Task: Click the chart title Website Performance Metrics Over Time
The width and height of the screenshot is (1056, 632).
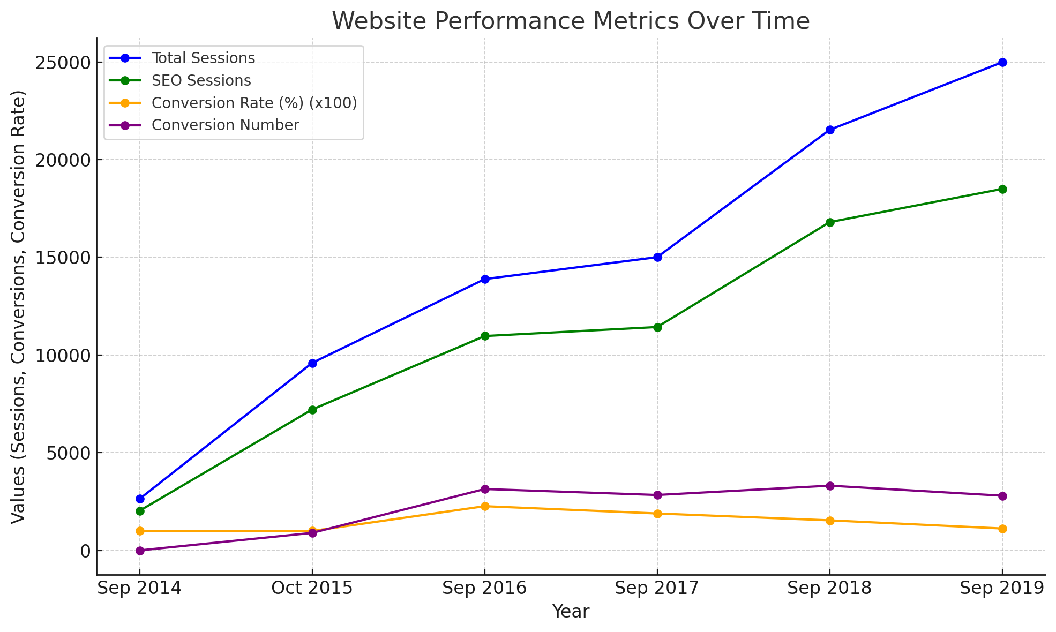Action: click(571, 21)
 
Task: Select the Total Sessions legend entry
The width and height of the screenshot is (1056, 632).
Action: click(203, 58)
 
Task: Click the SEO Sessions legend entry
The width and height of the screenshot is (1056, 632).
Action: click(201, 80)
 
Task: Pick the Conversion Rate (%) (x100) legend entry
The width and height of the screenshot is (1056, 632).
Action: click(254, 103)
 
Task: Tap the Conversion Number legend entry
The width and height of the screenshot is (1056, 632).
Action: click(225, 125)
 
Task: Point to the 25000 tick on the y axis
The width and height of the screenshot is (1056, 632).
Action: click(64, 63)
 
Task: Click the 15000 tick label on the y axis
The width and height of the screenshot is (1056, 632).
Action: click(64, 258)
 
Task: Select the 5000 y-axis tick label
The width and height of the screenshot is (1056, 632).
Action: click(69, 453)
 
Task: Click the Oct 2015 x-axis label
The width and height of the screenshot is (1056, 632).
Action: click(312, 589)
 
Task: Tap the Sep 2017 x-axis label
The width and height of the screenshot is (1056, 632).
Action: click(657, 589)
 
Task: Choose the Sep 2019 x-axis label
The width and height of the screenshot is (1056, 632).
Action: click(1002, 589)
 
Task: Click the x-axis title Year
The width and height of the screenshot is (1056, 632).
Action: click(571, 612)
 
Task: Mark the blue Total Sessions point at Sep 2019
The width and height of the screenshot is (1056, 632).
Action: click(1002, 62)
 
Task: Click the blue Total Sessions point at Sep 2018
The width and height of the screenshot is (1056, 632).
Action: click(830, 130)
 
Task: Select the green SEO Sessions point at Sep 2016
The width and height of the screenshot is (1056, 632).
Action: click(485, 336)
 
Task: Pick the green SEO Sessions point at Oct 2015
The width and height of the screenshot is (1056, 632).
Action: click(312, 410)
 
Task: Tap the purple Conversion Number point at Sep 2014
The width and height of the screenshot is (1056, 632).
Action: click(140, 551)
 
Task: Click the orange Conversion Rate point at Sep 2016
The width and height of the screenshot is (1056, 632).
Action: click(485, 506)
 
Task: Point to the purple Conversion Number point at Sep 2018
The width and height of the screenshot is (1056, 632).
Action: click(830, 486)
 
